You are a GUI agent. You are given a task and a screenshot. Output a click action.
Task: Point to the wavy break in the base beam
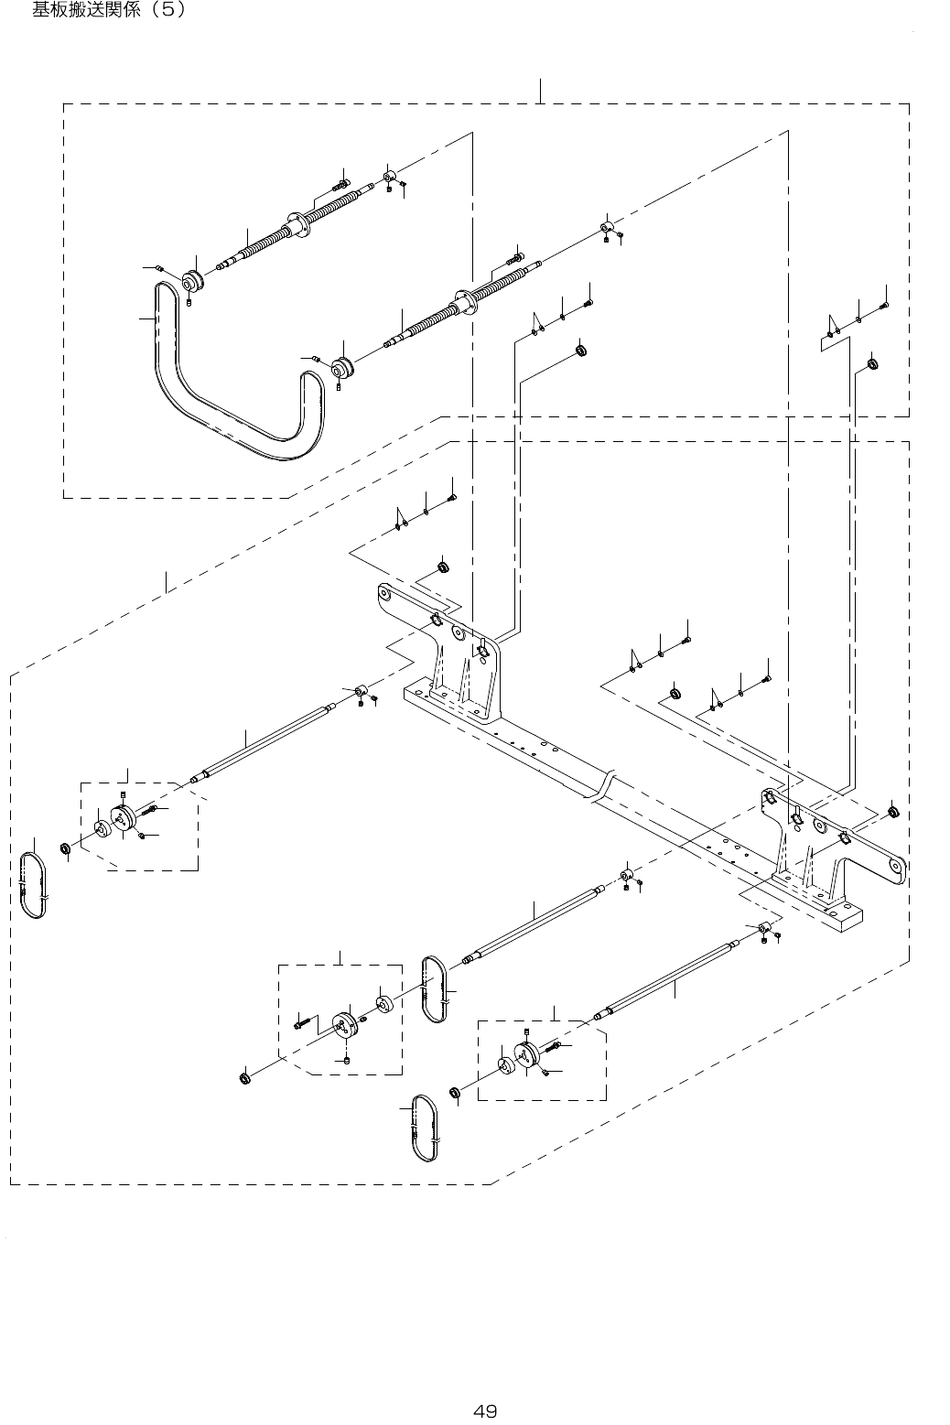click(x=601, y=786)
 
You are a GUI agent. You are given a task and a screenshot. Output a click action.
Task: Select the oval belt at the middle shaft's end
click(x=435, y=989)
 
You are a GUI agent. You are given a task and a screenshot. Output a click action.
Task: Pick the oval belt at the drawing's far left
click(x=35, y=886)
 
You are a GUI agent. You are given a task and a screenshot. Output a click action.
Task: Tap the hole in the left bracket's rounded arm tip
click(x=385, y=596)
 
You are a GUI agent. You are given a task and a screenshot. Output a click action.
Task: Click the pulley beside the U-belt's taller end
click(x=193, y=280)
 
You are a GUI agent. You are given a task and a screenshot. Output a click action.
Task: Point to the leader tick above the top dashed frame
click(x=541, y=91)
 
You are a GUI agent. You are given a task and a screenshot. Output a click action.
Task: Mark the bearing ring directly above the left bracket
click(x=442, y=567)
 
